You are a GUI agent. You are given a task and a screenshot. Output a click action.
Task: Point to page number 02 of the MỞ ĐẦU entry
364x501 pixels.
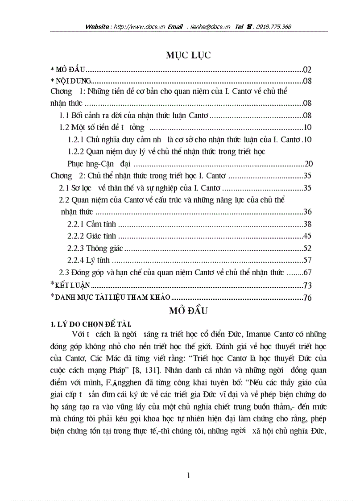(307, 70)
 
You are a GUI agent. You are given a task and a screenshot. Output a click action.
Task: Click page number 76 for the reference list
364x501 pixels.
(307, 298)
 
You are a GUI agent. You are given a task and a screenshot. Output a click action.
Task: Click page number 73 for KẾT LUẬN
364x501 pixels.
(307, 286)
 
